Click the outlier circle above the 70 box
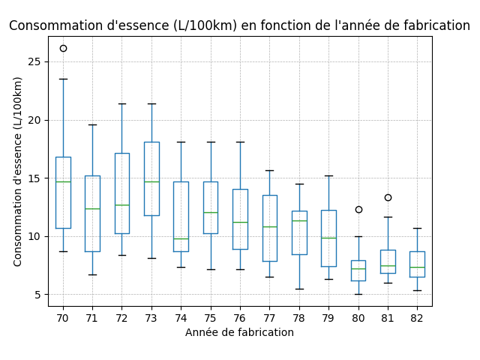[x=63, y=48]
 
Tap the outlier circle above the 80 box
[x=358, y=209]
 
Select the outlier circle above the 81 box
[x=388, y=197]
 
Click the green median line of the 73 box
[x=151, y=181]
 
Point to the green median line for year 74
[x=181, y=238]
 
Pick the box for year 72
[x=122, y=193]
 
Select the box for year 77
[x=270, y=228]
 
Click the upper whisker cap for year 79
[x=328, y=175]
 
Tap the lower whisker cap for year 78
[x=299, y=289]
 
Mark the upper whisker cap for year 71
[x=92, y=124]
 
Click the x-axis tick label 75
[x=211, y=318]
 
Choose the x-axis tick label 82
[x=417, y=318]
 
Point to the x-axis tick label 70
[x=63, y=318]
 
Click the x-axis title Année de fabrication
[x=240, y=332]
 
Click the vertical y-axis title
[x=18, y=171]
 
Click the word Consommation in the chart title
[x=52, y=25]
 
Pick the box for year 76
[x=240, y=219]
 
